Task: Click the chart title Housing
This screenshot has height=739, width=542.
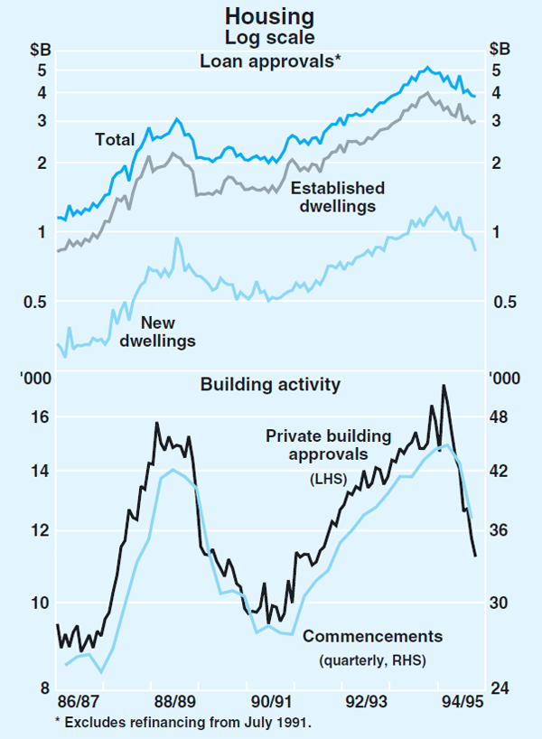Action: [271, 16]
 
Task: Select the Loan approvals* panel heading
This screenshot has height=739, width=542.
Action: [271, 61]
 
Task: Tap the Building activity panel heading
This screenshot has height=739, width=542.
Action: [270, 385]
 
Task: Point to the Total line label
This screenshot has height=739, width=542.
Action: [115, 139]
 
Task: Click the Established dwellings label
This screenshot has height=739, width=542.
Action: [338, 197]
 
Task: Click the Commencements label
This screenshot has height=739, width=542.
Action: [373, 636]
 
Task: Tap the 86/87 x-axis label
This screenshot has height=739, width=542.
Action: [78, 701]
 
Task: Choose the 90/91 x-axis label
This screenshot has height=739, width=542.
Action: [270, 701]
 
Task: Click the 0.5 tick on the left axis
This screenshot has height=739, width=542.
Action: [34, 302]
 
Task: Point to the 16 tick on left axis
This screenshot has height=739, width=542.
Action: [39, 417]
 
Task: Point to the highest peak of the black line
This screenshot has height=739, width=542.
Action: [444, 386]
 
